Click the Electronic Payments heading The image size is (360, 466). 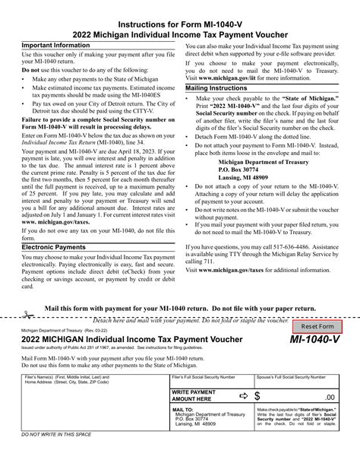[55, 247]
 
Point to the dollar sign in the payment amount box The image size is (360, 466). [257, 396]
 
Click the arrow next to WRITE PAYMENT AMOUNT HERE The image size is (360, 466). [243, 396]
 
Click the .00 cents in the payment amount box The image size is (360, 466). [328, 397]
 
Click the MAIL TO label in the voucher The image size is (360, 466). [184, 409]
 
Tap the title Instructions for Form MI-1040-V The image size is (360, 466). [180, 23]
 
